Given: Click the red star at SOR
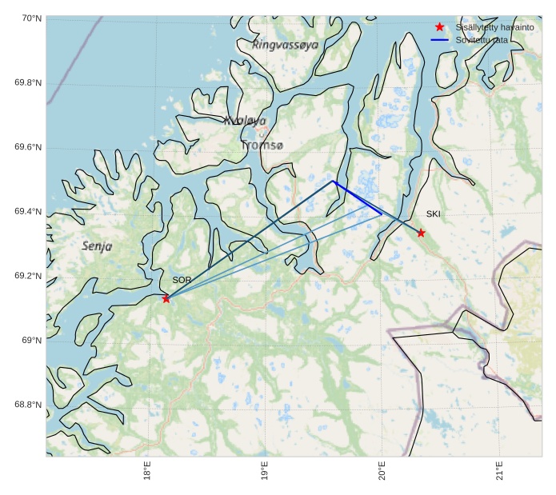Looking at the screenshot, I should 166,298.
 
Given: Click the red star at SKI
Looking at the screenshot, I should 421,233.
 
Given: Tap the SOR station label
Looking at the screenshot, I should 182,280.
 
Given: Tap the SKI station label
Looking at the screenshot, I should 433,214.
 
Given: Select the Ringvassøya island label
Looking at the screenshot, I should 285,45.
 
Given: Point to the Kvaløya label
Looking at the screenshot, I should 245,121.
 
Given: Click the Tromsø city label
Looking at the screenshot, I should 262,146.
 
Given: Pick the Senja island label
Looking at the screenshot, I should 97,246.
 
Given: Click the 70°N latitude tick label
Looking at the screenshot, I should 31,18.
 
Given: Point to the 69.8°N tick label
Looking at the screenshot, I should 29,83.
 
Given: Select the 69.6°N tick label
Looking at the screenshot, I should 29,147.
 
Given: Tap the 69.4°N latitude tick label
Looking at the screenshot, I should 29,212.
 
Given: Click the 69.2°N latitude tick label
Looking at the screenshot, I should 29,276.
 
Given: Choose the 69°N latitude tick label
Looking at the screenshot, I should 32,341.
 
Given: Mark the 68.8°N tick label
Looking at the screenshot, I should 29,405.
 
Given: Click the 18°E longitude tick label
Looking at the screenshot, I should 148,472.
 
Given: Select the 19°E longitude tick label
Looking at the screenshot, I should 265,472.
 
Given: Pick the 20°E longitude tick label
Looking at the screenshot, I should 382,472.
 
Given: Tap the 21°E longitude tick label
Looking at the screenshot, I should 499,472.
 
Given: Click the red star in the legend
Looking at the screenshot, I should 439,26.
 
